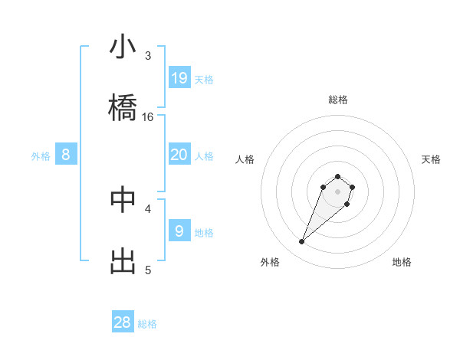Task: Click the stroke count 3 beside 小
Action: click(148, 56)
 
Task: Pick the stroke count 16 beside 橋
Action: click(148, 117)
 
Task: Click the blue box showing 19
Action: click(179, 77)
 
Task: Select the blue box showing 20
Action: click(179, 155)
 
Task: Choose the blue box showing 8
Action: click(66, 155)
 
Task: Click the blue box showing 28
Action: click(123, 322)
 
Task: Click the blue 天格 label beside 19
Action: click(204, 79)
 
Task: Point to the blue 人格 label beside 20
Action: click(204, 156)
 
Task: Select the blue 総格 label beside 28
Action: click(147, 324)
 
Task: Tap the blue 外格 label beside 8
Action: click(41, 156)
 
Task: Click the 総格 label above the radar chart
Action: click(337, 100)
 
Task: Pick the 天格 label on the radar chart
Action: click(431, 159)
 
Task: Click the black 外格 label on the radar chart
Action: click(269, 262)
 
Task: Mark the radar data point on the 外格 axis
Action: click(302, 242)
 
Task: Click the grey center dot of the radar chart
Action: click(337, 191)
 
